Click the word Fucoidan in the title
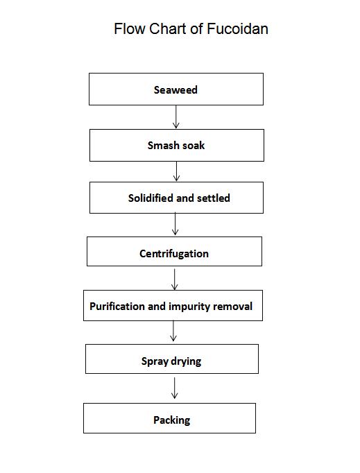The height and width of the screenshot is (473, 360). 237,29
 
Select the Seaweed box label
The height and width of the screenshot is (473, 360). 175,90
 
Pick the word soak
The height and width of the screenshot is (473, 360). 194,146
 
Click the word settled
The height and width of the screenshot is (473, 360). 214,198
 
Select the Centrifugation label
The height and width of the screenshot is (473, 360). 174,254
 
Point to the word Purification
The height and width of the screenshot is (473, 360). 117,307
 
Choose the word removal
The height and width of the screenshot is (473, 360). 232,307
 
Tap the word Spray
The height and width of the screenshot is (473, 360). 155,361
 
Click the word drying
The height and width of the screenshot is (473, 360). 186,361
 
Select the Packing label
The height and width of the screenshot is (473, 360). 172,420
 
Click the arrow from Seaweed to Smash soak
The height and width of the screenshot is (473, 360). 176,117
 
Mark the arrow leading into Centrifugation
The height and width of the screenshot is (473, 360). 175,224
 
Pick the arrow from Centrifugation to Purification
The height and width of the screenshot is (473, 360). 174,279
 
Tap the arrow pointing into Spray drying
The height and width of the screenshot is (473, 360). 173,331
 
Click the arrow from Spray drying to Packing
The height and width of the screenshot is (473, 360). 174,388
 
